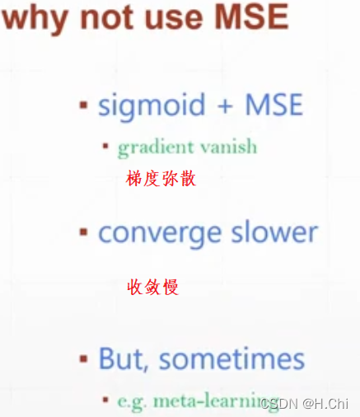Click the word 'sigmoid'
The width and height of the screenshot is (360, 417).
tap(149, 105)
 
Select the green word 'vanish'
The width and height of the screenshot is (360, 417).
tap(227, 148)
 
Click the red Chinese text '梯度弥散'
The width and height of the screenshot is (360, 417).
tap(161, 179)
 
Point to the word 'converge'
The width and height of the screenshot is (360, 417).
tap(157, 233)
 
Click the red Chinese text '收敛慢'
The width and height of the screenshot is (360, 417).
tap(153, 287)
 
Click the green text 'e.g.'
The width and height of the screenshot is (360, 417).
tap(133, 401)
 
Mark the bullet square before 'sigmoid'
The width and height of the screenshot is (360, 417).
tap(83, 105)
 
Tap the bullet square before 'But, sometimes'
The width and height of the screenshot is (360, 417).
tap(83, 359)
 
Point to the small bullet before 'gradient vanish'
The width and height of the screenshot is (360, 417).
tap(106, 148)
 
